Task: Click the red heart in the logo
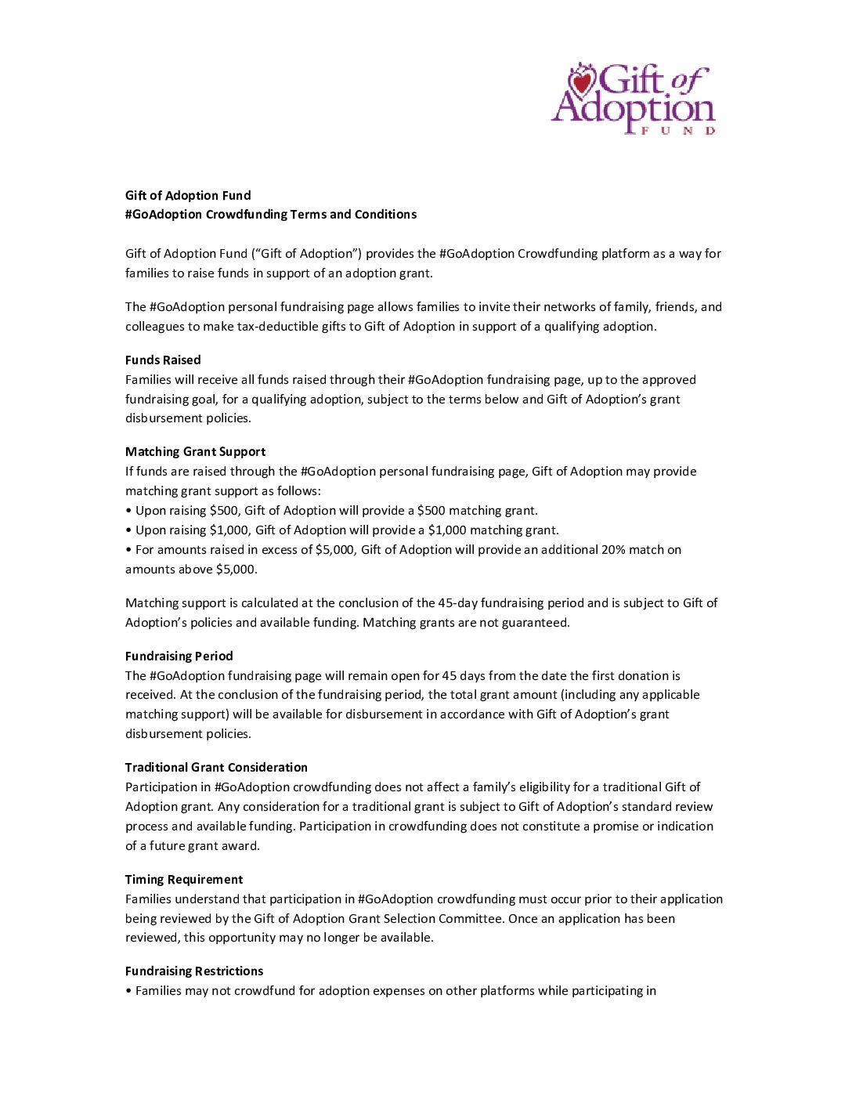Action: (582, 81)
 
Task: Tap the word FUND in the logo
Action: (678, 131)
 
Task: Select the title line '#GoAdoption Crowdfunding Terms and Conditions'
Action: (271, 215)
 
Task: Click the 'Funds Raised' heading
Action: (163, 360)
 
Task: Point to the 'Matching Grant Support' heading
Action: (195, 452)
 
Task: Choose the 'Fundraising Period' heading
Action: (179, 656)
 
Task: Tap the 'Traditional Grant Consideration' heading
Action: (216, 768)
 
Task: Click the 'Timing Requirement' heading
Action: (184, 880)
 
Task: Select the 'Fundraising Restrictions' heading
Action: (194, 971)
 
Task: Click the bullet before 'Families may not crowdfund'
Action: (128, 991)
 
